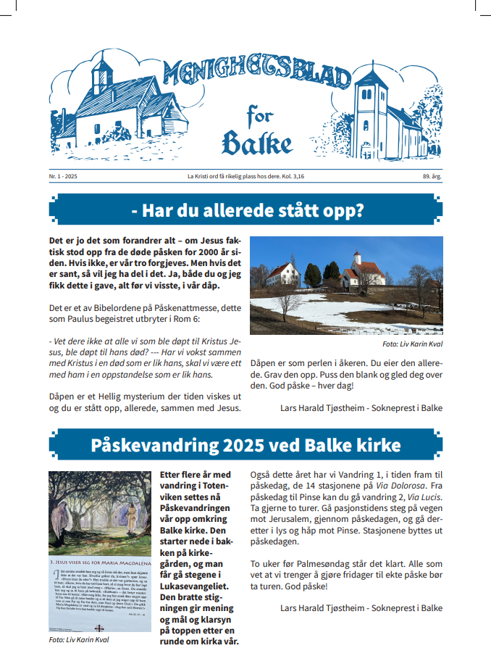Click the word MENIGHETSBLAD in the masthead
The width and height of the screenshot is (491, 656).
pyautogui.click(x=257, y=72)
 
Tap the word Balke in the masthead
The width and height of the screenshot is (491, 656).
pyautogui.click(x=257, y=142)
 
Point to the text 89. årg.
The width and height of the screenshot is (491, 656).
pyautogui.click(x=433, y=177)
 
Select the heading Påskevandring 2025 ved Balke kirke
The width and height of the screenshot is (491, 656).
pyautogui.click(x=246, y=444)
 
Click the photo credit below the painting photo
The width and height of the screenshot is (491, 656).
pyautogui.click(x=78, y=640)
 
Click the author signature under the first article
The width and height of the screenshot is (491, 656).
pyautogui.click(x=361, y=407)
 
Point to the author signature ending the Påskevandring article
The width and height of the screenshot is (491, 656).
pyautogui.click(x=361, y=607)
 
